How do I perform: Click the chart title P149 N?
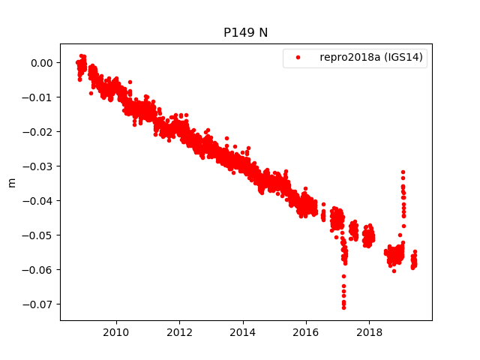[x=246, y=33]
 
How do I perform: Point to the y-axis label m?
[x=11, y=182]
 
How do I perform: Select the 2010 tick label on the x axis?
[x=115, y=332]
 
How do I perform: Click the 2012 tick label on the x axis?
[x=179, y=332]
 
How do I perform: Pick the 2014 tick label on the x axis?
[x=242, y=332]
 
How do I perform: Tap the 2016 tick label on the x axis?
[x=305, y=332]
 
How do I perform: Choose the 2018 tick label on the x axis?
[x=369, y=332]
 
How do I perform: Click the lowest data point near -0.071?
[x=343, y=307]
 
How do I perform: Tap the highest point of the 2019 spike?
[x=403, y=172]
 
